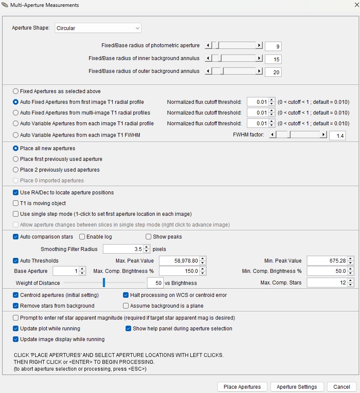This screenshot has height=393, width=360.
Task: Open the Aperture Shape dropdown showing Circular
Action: (98, 28)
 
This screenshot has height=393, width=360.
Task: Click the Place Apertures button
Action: (242, 387)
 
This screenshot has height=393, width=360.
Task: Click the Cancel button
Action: (341, 387)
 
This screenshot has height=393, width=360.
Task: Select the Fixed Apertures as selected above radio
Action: (16, 91)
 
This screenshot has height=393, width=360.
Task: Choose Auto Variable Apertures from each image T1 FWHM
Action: (16, 135)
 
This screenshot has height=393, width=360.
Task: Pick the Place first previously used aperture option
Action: (16, 159)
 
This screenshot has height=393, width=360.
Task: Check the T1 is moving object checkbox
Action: (16, 203)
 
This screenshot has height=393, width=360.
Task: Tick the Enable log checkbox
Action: (82, 237)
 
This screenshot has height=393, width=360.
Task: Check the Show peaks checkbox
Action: (149, 237)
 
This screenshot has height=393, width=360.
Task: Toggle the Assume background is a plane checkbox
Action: (126, 306)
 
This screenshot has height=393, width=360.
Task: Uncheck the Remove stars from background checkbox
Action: (16, 306)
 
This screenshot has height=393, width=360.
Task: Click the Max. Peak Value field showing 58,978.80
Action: (179, 261)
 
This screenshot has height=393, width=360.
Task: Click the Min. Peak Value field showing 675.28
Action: (327, 261)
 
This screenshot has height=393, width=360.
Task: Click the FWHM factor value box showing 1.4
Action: (337, 136)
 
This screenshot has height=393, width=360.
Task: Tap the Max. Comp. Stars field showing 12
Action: (327, 283)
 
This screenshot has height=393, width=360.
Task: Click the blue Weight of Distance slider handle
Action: (104, 282)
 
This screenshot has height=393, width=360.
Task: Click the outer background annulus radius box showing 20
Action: (273, 72)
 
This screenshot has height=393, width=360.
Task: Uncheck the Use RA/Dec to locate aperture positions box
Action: (16, 193)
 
